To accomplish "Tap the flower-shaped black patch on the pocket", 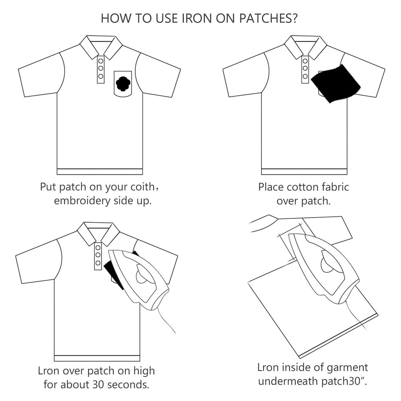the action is [x=123, y=84].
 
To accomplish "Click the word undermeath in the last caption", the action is [x=283, y=382].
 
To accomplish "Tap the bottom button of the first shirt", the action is [x=101, y=76].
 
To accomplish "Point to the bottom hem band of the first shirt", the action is [x=99, y=171].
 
